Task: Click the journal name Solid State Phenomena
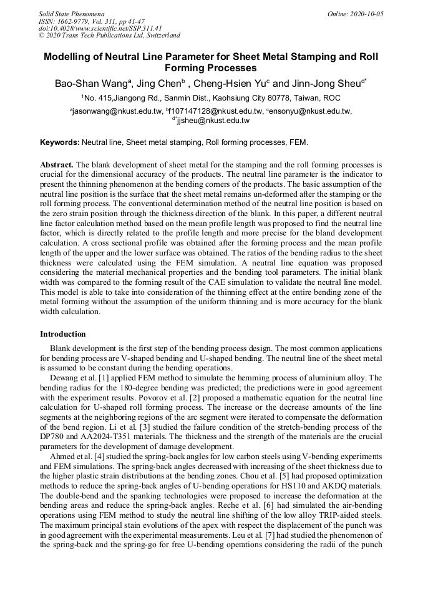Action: coord(71,13)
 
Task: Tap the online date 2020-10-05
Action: coord(366,13)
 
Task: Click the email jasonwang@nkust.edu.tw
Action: coord(117,111)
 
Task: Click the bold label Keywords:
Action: coord(59,142)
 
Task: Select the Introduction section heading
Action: coord(62,334)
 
